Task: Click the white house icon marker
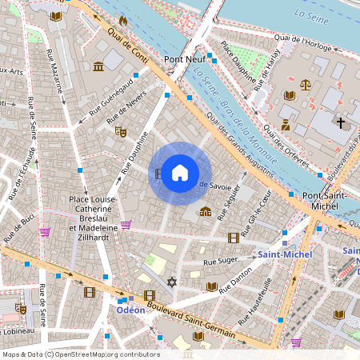tap(180, 172)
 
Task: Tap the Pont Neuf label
tap(186, 59)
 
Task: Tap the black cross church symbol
tap(341, 123)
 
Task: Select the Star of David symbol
tap(170, 282)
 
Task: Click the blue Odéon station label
tap(130, 310)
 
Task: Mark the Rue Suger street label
tap(222, 261)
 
